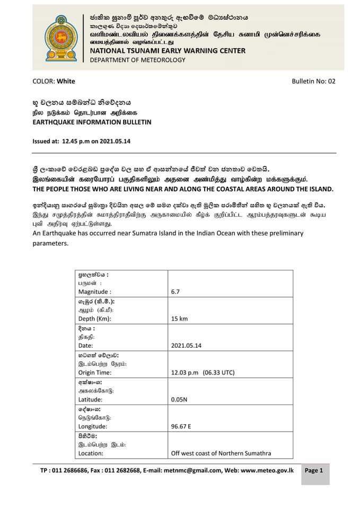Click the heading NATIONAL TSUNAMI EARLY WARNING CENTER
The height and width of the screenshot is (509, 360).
168,51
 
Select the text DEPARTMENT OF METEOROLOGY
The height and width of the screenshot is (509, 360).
138,60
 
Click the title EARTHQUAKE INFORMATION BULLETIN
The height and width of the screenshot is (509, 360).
92,122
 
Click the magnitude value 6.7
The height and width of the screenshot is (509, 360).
176,292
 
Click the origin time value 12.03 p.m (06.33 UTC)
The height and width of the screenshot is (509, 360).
203,373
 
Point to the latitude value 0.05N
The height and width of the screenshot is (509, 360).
179,400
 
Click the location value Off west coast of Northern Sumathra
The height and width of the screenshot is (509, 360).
221,453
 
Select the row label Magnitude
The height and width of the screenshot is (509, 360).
94,292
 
